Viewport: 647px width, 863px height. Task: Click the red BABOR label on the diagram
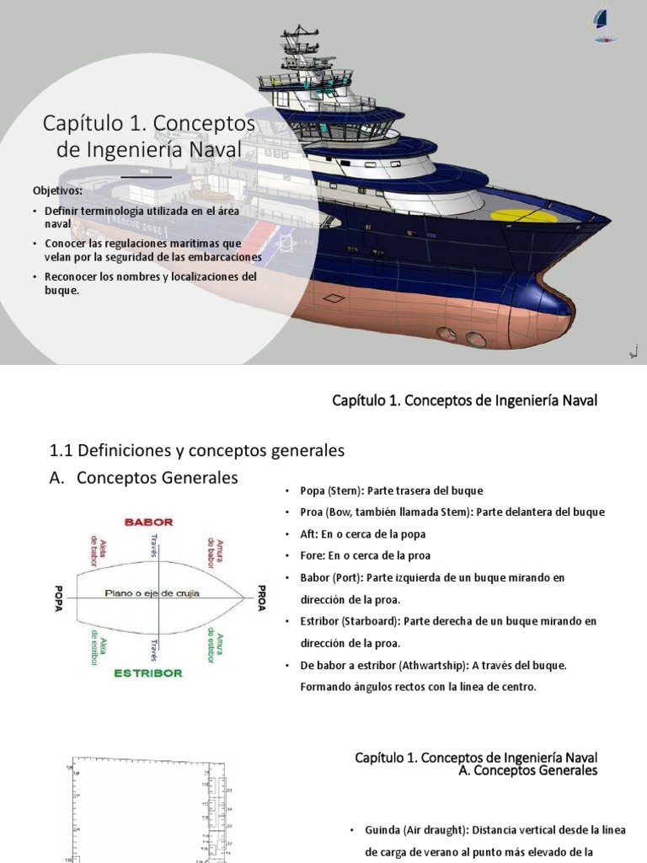pyautogui.click(x=148, y=523)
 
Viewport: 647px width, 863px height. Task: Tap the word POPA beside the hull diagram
pyautogui.click(x=58, y=598)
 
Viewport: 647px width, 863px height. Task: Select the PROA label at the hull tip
pyautogui.click(x=261, y=598)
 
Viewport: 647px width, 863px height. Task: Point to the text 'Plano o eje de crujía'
pyautogui.click(x=152, y=593)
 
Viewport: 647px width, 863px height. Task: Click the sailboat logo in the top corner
pyautogui.click(x=601, y=23)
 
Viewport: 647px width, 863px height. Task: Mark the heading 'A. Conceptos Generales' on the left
pyautogui.click(x=143, y=478)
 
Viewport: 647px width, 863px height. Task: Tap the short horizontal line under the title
pyautogui.click(x=147, y=178)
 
